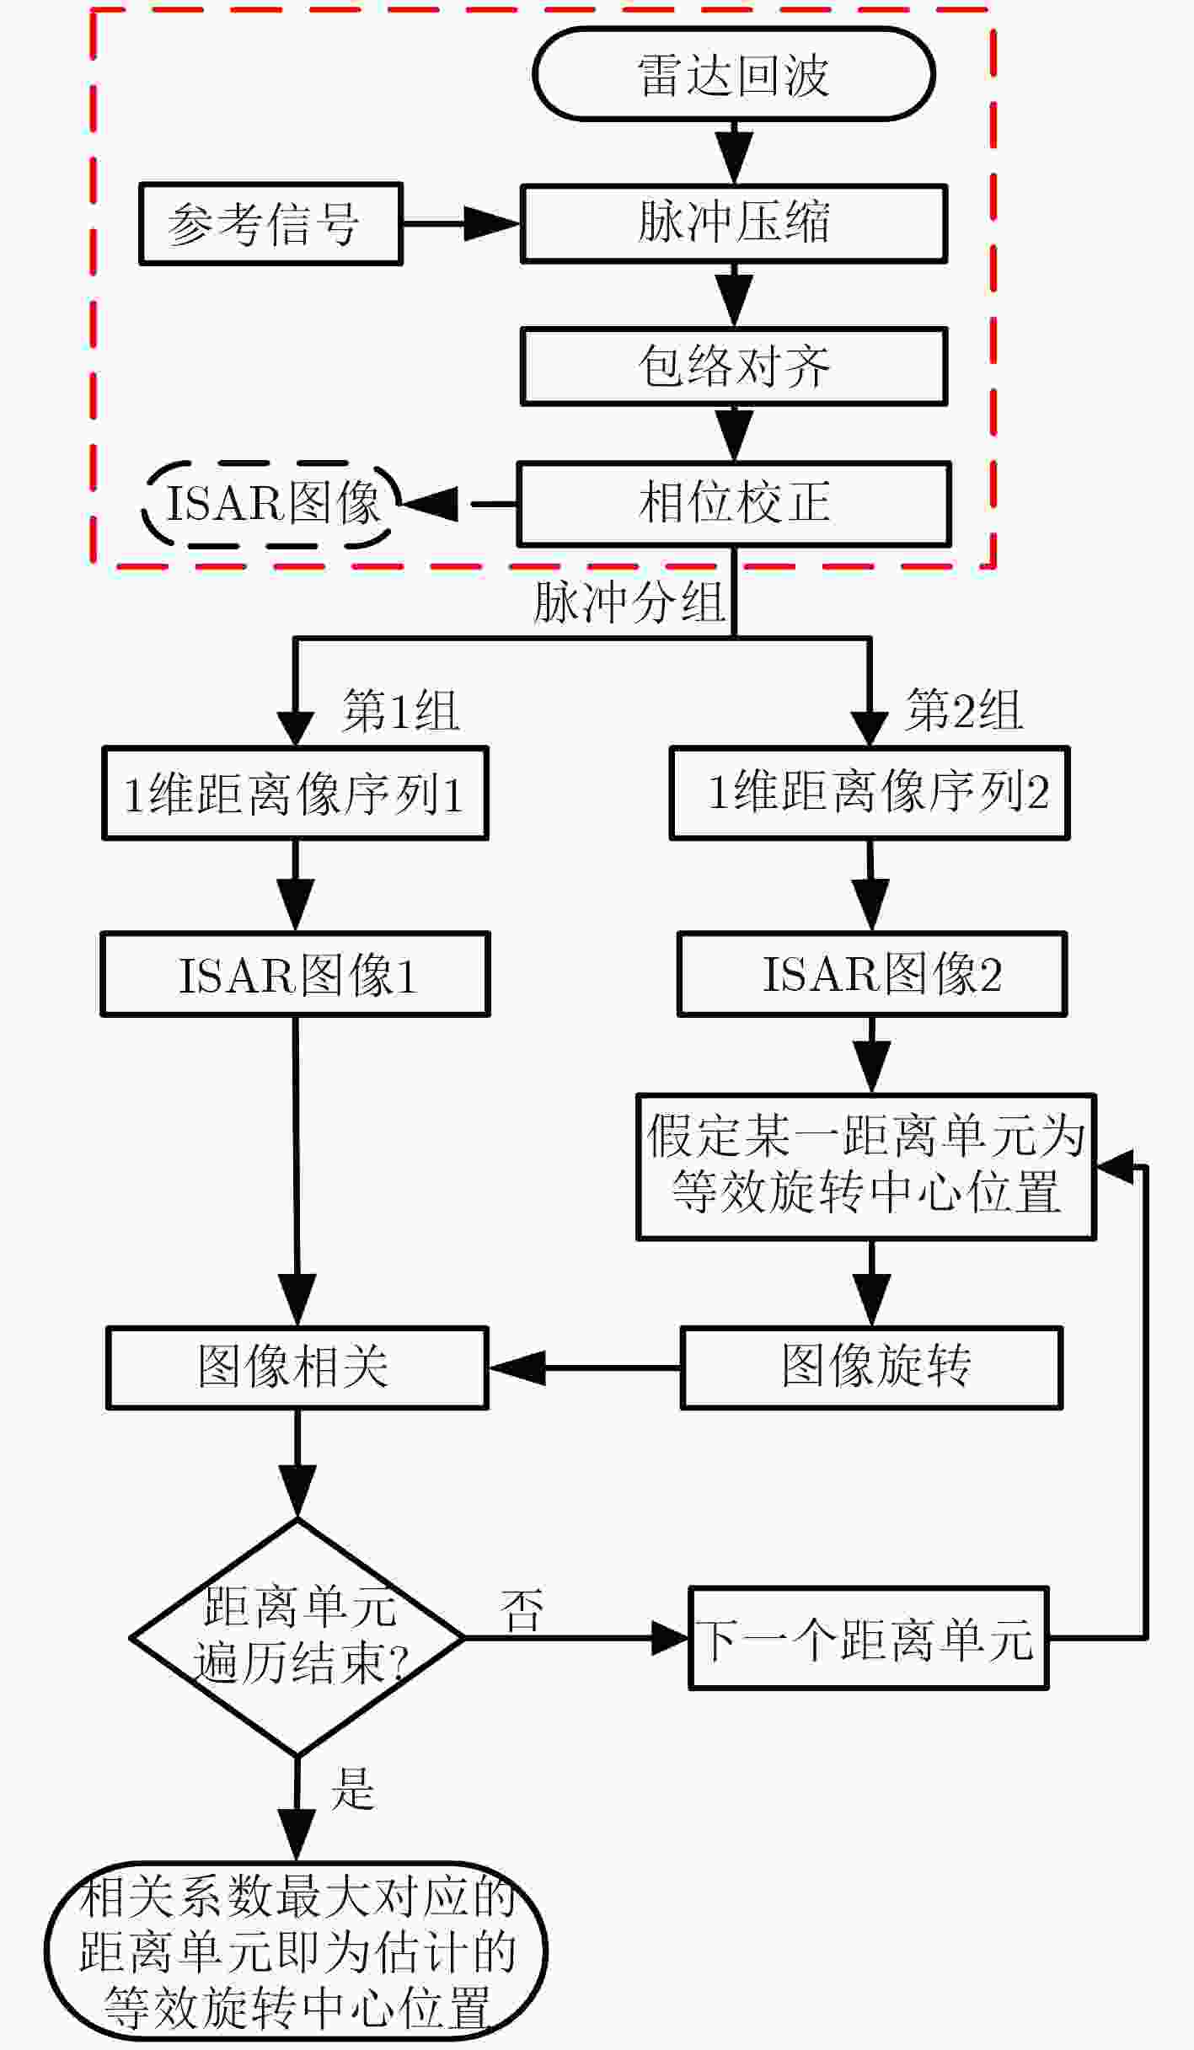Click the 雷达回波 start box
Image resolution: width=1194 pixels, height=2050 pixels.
click(734, 74)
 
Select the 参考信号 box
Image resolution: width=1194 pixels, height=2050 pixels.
click(270, 224)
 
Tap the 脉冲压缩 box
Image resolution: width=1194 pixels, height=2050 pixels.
click(734, 224)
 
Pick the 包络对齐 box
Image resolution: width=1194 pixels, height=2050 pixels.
click(734, 367)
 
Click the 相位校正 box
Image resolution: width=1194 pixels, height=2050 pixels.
click(734, 504)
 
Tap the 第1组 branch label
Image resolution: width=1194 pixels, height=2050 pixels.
click(400, 710)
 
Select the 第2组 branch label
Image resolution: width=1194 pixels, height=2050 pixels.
click(964, 710)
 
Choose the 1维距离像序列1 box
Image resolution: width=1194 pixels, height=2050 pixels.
click(295, 793)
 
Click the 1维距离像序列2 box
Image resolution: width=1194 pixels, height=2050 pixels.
click(870, 793)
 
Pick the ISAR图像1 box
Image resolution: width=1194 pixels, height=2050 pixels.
click(295, 974)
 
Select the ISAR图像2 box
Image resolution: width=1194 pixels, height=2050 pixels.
click(872, 974)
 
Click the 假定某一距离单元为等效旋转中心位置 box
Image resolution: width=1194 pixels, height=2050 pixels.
click(866, 1167)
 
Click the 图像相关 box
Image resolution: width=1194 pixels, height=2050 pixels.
click(297, 1368)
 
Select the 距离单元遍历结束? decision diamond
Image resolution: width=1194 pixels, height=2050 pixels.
click(297, 1638)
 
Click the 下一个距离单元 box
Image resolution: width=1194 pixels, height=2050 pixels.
click(869, 1639)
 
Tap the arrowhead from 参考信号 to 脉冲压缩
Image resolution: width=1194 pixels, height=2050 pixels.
click(493, 224)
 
